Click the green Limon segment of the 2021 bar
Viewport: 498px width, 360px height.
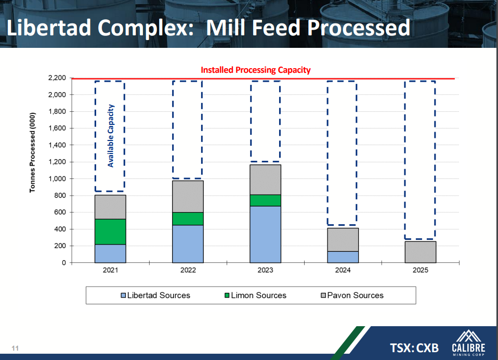click(x=110, y=232)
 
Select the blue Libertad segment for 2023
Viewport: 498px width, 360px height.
click(x=265, y=234)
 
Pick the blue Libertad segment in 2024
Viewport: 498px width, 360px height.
click(x=343, y=257)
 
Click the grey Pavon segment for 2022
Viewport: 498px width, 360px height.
click(x=188, y=196)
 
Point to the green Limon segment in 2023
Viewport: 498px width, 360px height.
click(x=265, y=200)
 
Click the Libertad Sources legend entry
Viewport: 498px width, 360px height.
click(x=155, y=295)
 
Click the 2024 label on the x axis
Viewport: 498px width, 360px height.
click(x=343, y=271)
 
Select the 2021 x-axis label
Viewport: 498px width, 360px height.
click(x=110, y=271)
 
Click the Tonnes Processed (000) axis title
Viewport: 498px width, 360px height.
click(x=33, y=152)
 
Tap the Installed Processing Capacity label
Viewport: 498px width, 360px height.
click(x=255, y=70)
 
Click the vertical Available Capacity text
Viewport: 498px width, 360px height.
click(x=110, y=136)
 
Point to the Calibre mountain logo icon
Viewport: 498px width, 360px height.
click(x=468, y=336)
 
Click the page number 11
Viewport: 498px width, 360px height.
click(x=15, y=348)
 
